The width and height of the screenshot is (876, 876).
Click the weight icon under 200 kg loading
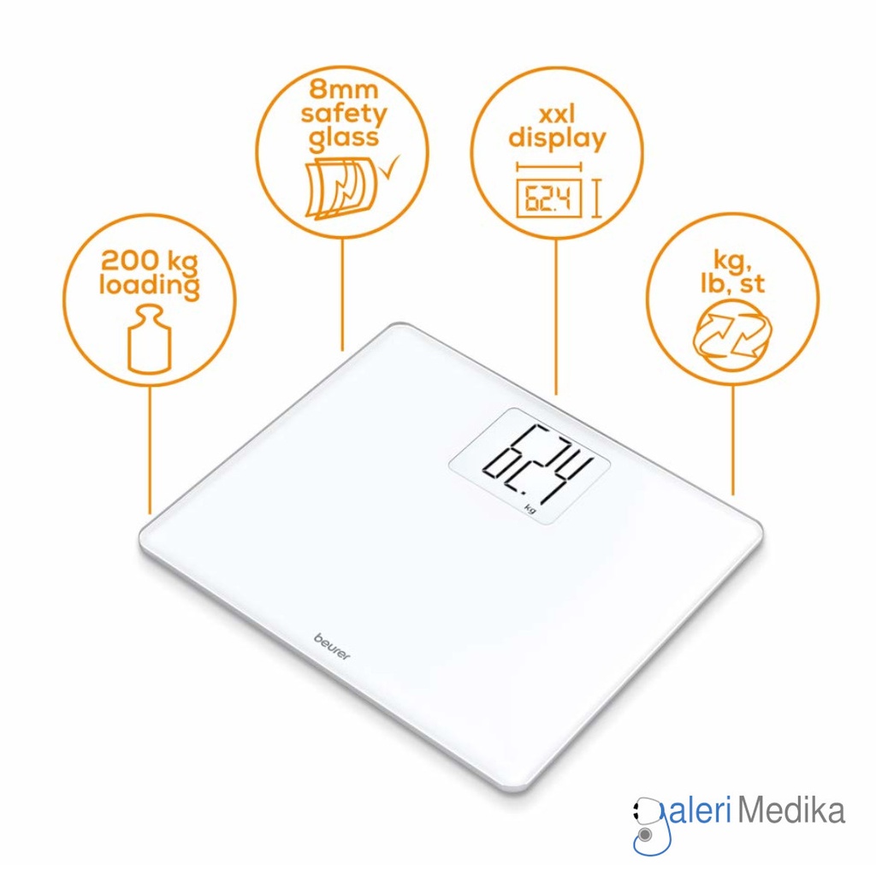click(149, 339)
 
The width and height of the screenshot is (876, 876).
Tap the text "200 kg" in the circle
click(149, 260)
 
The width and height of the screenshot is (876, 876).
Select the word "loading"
click(149, 286)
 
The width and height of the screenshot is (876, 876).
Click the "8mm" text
click(344, 89)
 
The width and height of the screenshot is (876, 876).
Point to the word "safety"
click(344, 114)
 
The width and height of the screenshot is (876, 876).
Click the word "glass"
click(344, 139)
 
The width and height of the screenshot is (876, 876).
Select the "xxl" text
click(556, 115)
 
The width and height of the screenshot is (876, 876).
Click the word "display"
click(557, 139)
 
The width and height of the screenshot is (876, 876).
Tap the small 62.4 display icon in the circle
click(548, 198)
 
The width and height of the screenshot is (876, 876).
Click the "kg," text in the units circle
click(732, 260)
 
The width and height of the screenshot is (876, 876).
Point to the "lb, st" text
click(732, 284)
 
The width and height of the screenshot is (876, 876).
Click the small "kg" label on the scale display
click(530, 508)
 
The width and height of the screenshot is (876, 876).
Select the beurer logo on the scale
click(332, 647)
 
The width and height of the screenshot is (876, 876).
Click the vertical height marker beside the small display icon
click(596, 198)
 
